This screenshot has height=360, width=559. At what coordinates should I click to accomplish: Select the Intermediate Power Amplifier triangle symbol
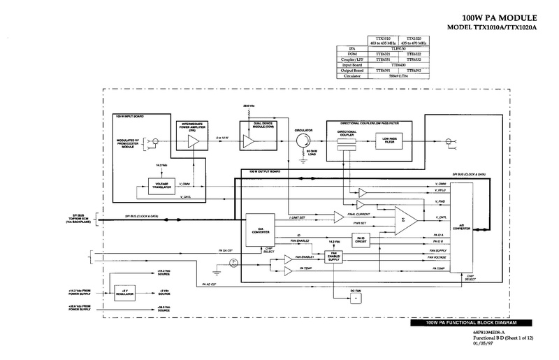[x=193, y=141]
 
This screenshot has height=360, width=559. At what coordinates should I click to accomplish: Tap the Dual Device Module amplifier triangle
[x=249, y=141]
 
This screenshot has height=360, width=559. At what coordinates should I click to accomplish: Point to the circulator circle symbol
[x=303, y=141]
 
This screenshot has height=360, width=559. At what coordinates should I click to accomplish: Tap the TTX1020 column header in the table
[x=415, y=40]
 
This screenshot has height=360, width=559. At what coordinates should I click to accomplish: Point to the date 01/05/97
[x=482, y=343]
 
